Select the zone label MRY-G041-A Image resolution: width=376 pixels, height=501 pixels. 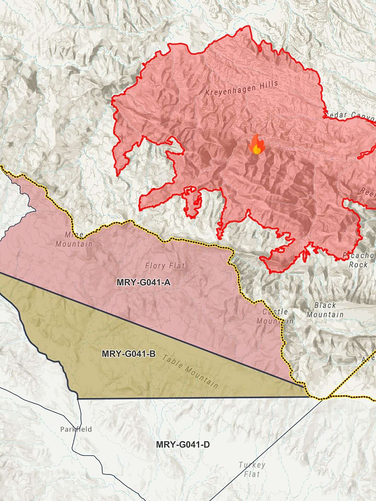[x=143, y=282]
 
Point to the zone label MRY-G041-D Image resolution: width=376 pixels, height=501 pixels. [x=183, y=444]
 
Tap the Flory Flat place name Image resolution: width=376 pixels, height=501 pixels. [x=165, y=266]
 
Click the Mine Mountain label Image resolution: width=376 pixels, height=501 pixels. [x=74, y=239]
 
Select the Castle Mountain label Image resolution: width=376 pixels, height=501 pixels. [x=275, y=316]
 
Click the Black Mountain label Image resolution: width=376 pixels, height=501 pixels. [x=325, y=310]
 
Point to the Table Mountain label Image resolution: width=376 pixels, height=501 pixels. [x=190, y=371]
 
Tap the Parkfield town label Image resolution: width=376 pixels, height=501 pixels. [x=76, y=429]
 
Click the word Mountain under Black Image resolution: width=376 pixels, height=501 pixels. [x=325, y=314]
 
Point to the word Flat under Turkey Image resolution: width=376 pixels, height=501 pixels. [x=252, y=474]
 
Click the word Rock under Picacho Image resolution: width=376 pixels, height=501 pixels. [x=358, y=265]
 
